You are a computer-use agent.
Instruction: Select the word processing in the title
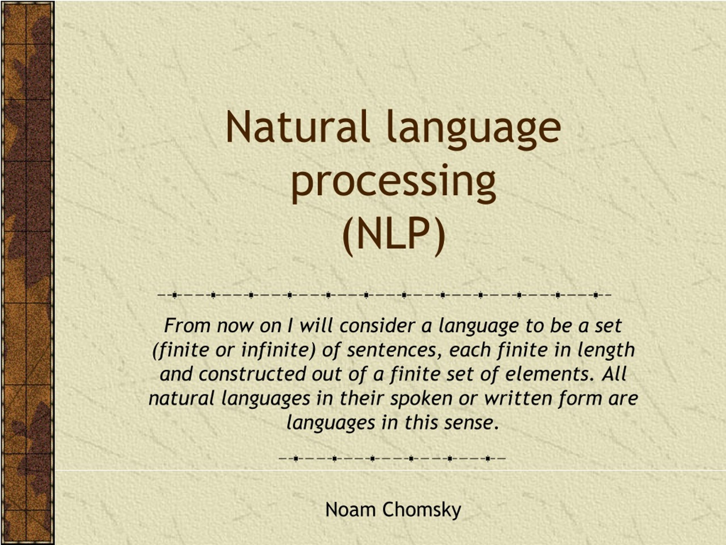coord(393,183)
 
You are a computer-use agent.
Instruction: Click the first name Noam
coord(350,510)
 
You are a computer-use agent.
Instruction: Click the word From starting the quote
coord(187,326)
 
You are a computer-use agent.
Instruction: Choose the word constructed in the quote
coord(252,374)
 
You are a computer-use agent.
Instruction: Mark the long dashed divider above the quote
coord(384,295)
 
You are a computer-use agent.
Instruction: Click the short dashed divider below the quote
coord(392,458)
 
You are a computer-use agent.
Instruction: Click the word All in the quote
coord(614,374)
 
